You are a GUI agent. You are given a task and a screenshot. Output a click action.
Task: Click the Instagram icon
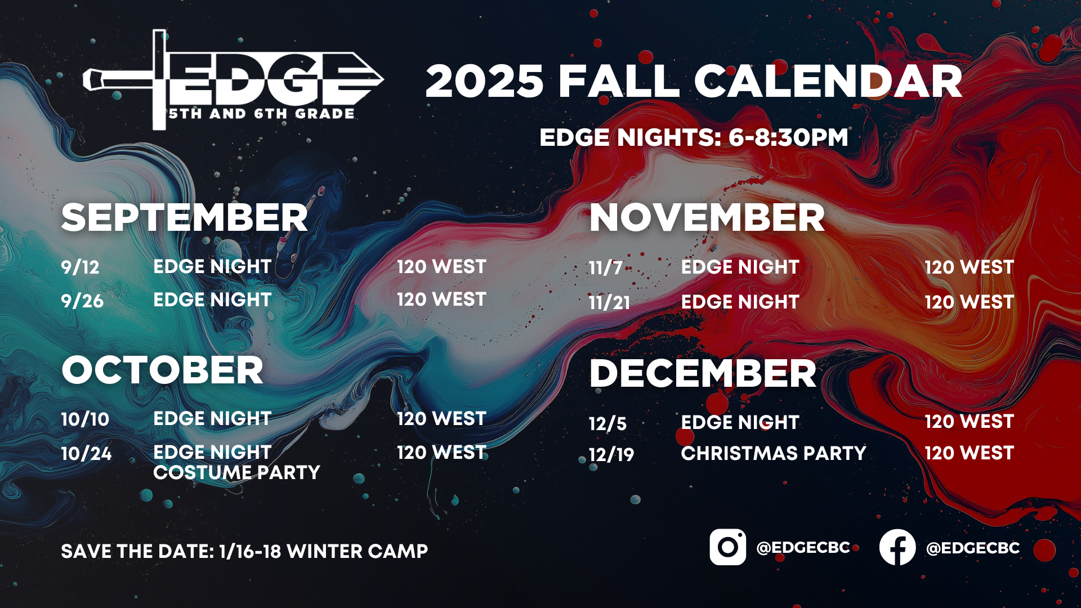[x=727, y=547]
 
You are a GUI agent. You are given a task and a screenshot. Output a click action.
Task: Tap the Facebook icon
[x=897, y=547]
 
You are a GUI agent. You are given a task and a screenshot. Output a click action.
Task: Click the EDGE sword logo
[x=233, y=80]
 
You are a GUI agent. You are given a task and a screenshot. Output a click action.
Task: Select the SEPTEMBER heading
[x=185, y=218]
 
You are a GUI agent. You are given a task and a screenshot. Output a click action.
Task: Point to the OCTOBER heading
[x=163, y=370]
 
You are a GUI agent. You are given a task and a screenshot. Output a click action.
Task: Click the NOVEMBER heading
[x=707, y=218]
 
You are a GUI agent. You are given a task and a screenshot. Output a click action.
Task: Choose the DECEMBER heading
[x=703, y=373]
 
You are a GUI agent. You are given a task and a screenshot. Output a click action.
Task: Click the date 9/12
[x=80, y=267]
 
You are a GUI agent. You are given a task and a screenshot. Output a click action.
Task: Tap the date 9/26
[x=82, y=301]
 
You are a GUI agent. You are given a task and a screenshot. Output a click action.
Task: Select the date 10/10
[x=85, y=419]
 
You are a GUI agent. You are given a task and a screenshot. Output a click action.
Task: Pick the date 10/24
[x=86, y=453]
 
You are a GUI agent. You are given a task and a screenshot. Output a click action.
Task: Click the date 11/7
[x=606, y=267]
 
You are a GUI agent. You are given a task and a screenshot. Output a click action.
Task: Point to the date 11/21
[x=610, y=302]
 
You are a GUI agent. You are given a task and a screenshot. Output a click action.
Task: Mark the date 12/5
[x=607, y=423]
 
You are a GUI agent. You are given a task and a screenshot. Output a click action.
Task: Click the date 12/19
[x=611, y=454]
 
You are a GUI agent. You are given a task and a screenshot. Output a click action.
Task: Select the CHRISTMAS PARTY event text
[x=774, y=453]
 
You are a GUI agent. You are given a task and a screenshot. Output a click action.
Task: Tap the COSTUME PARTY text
[x=236, y=472]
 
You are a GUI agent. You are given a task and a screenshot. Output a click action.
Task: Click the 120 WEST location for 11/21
[x=969, y=302]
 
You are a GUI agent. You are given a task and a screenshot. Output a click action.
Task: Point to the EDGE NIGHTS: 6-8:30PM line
[x=694, y=137]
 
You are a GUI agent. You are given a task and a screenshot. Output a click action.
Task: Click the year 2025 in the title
[x=485, y=81]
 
